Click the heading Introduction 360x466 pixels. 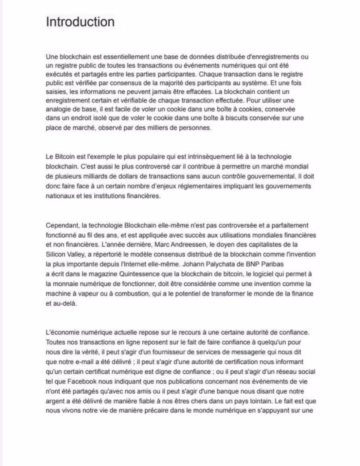(80, 22)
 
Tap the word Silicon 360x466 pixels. (55, 254)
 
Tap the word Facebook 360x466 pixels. (82, 381)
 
